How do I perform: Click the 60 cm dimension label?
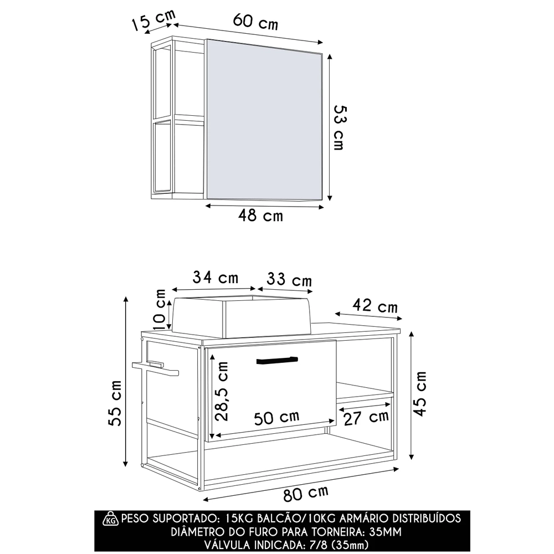[255, 23]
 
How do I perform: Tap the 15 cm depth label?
[151, 22]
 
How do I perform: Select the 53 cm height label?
[337, 127]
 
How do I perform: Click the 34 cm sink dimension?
[215, 278]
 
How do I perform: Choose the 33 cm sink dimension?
[289, 280]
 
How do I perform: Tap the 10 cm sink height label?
[160, 307]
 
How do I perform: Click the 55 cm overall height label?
[116, 403]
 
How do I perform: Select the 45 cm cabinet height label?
[421, 393]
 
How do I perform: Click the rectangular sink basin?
[240, 316]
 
